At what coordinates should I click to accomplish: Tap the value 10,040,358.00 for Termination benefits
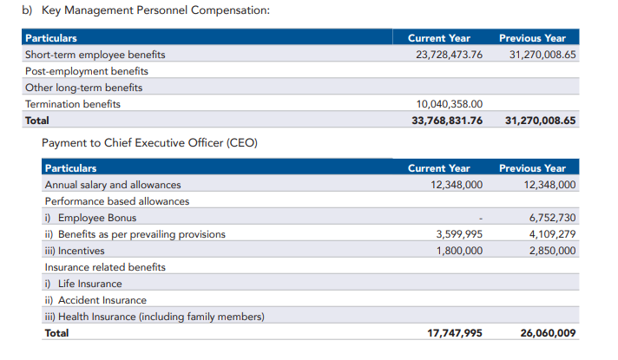449,104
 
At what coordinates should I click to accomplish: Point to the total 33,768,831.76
446,121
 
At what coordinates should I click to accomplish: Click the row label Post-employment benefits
86,71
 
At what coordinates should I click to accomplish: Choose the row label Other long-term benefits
83,88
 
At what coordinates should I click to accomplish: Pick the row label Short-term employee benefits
95,55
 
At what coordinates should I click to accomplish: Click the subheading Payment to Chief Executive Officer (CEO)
149,142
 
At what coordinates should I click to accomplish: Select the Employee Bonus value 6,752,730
552,218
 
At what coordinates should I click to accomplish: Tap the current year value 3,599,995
457,234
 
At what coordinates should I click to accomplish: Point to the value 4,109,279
552,234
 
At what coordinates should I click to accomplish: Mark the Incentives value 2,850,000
552,251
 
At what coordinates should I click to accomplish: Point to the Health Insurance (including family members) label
154,317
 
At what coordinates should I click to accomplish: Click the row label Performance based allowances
116,201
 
